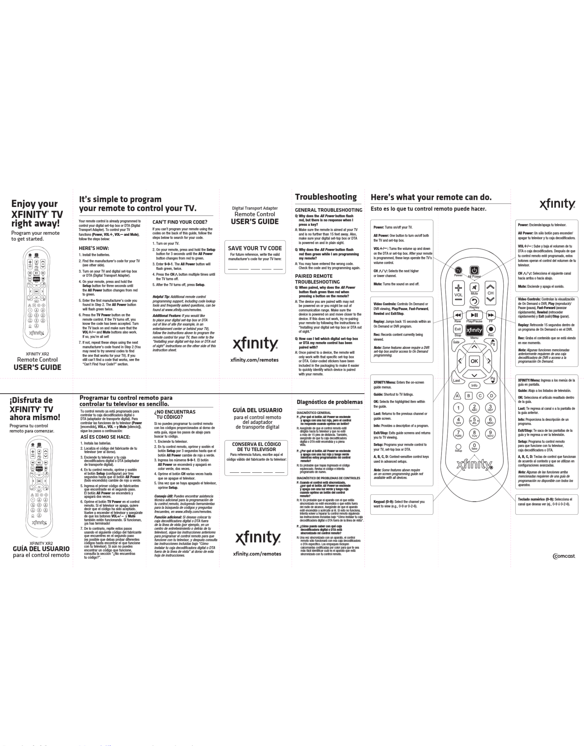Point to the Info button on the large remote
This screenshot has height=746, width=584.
474,385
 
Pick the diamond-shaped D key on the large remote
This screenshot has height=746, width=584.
491,396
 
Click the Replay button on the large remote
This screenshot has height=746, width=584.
474,301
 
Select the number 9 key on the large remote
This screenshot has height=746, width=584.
490,433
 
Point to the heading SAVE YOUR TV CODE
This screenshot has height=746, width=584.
255,248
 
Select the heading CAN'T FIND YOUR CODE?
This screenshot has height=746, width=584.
180,222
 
